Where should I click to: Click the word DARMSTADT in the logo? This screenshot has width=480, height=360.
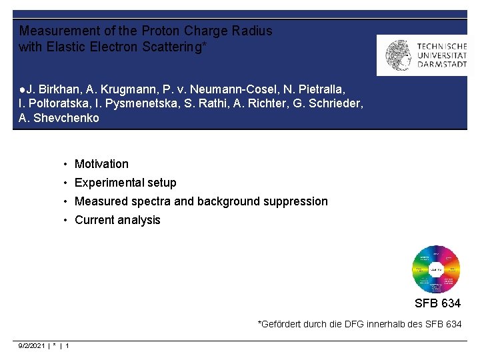[x=442, y=65]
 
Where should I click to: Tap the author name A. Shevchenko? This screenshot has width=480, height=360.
[x=59, y=118]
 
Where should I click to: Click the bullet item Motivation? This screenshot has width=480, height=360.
[x=101, y=164]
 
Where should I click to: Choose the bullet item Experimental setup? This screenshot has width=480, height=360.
[x=125, y=183]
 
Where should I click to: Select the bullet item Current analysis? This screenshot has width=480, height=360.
[x=117, y=220]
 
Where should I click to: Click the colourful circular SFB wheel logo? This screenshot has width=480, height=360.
[x=436, y=269]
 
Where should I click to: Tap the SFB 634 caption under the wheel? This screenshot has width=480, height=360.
[x=437, y=303]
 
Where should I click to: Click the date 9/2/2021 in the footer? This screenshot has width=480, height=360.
[x=32, y=345]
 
